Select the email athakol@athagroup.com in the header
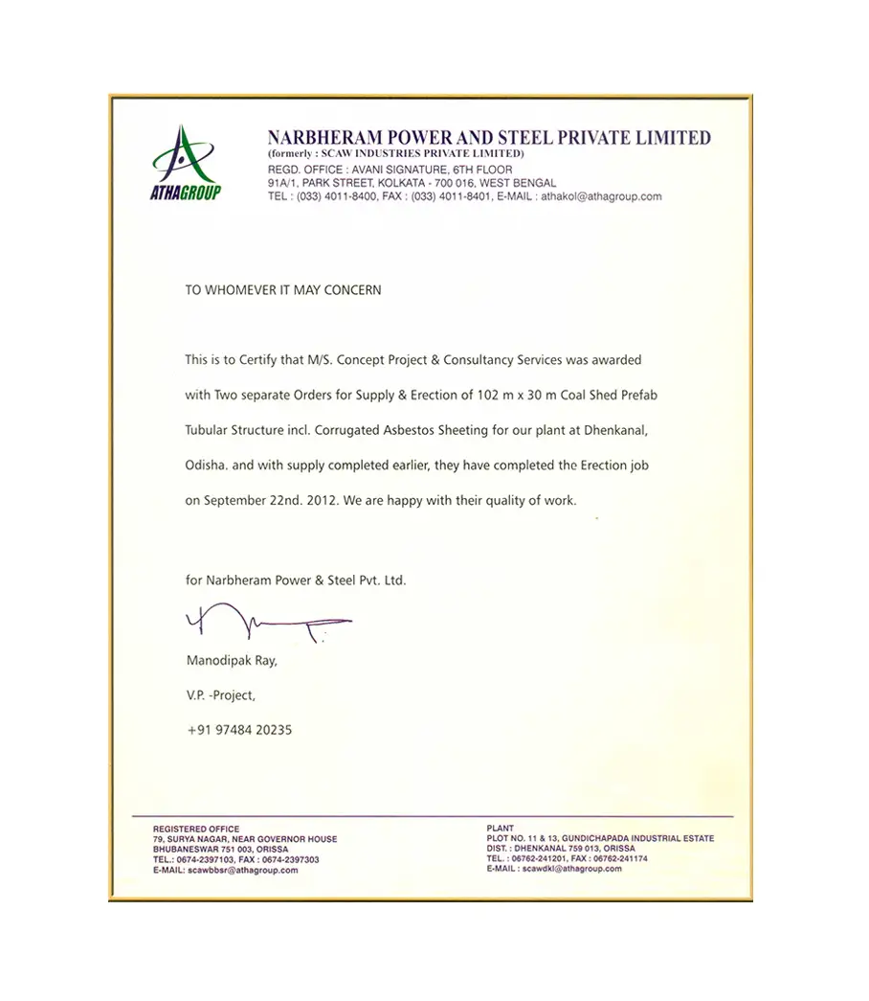point(601,195)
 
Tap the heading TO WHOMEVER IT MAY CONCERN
point(283,289)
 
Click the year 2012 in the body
point(319,500)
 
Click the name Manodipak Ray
point(231,661)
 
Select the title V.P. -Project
point(221,695)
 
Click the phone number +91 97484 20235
point(239,730)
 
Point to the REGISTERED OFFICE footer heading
point(196,829)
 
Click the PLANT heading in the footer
point(500,829)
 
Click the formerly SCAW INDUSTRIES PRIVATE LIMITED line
point(395,153)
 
